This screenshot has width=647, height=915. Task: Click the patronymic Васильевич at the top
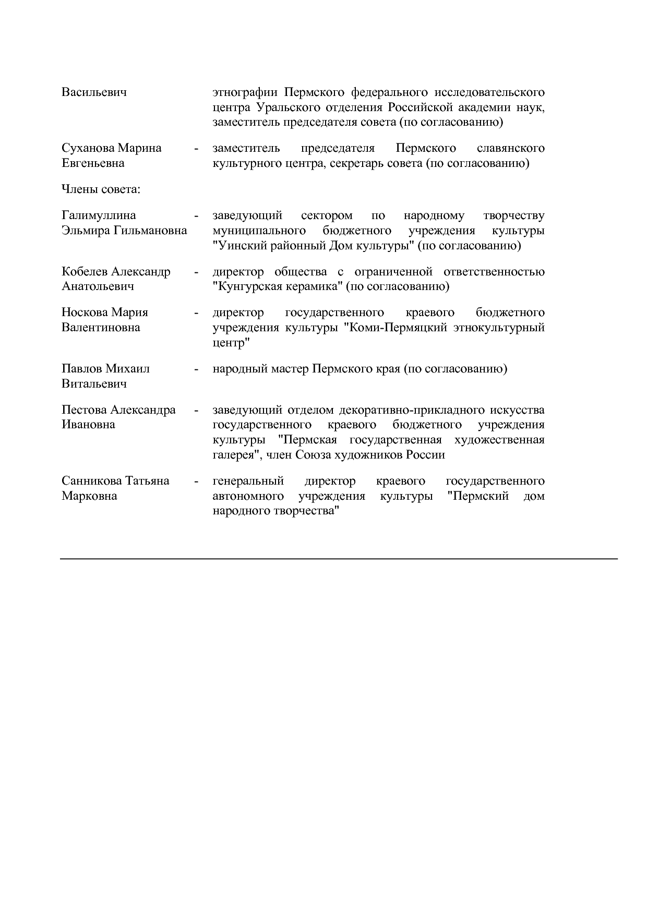(x=94, y=93)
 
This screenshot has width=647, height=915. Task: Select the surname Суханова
(x=88, y=148)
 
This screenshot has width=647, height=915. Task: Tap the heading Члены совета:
(x=101, y=189)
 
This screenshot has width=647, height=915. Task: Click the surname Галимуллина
(x=99, y=215)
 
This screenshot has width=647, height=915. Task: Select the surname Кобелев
(x=85, y=272)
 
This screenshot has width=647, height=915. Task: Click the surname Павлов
(x=82, y=369)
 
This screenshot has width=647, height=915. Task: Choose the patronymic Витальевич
(x=94, y=384)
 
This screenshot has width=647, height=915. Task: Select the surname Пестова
(x=84, y=410)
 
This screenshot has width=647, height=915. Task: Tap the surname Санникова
(x=91, y=481)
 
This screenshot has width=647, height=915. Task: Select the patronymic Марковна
(x=89, y=496)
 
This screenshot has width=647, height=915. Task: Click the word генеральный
(x=248, y=481)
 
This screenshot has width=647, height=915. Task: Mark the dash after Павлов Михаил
(x=196, y=369)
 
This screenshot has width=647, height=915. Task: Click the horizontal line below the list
(x=339, y=559)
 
